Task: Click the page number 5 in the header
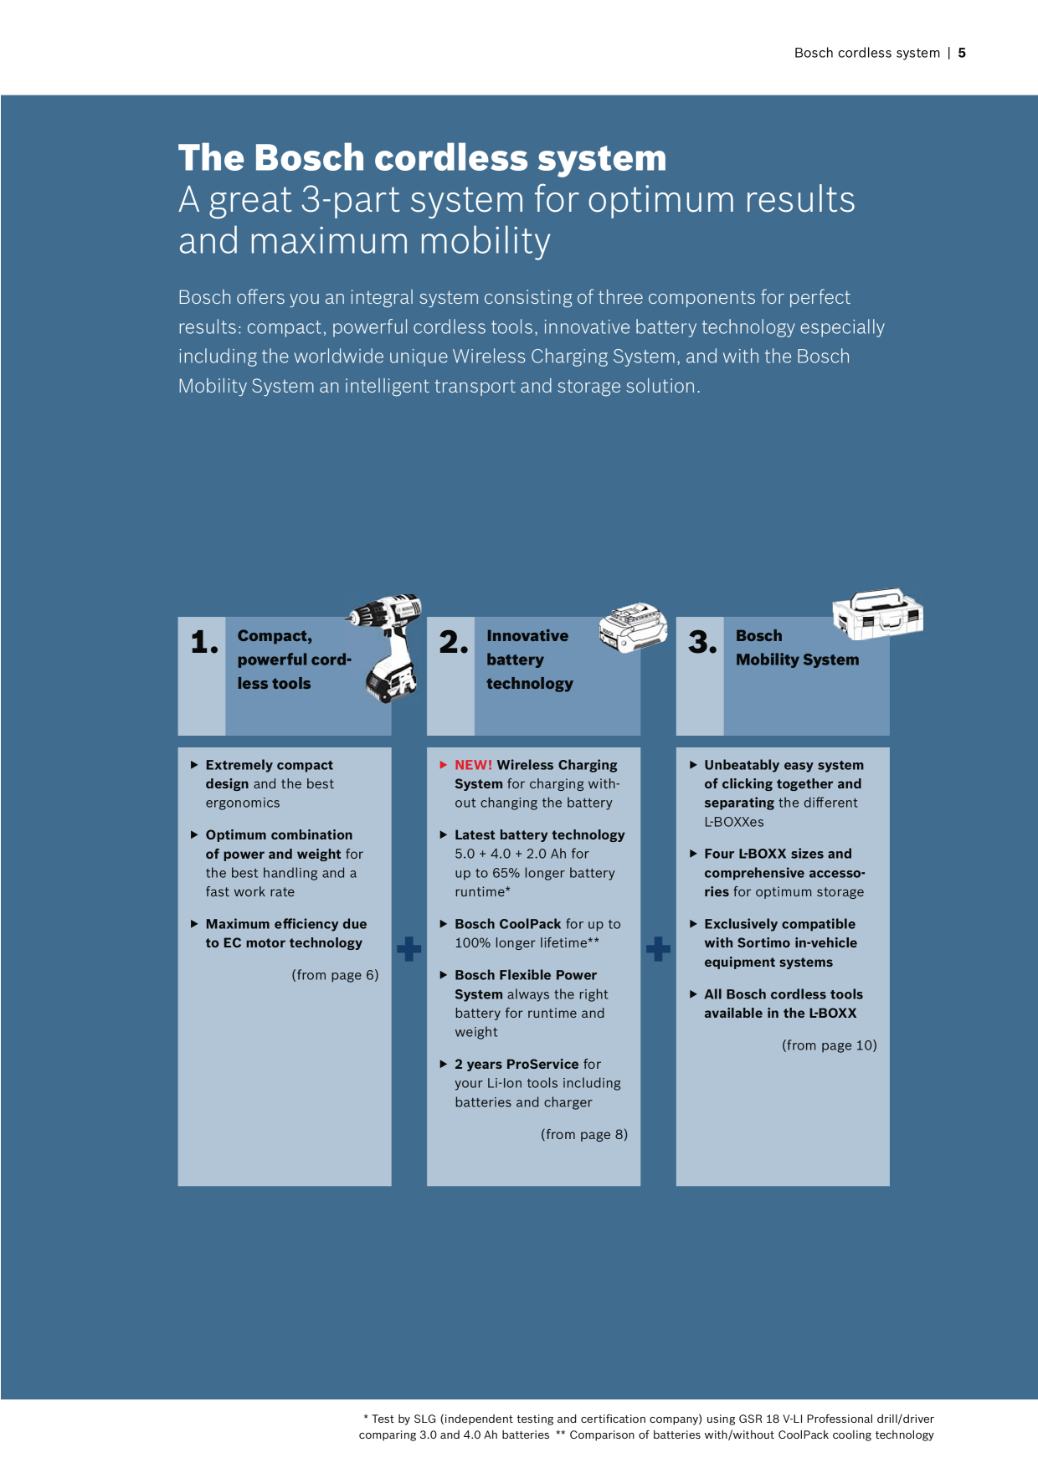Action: click(962, 53)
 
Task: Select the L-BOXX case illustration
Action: click(878, 613)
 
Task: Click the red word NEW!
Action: click(474, 765)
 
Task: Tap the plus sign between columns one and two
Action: click(409, 949)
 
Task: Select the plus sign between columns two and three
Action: click(658, 949)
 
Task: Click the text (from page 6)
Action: click(335, 975)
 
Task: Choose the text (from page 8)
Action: click(584, 1135)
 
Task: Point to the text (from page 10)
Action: click(830, 1045)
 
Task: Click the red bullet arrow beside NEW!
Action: click(444, 764)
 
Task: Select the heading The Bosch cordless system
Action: click(423, 157)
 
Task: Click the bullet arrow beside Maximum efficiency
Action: click(194, 924)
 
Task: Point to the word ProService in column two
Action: click(542, 1065)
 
